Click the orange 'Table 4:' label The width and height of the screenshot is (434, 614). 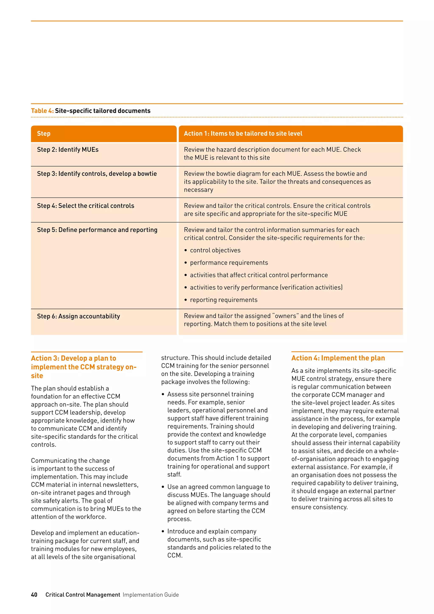tap(42, 111)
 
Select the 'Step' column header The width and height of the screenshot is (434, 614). tap(44, 133)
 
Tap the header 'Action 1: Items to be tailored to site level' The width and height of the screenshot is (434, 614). tap(243, 133)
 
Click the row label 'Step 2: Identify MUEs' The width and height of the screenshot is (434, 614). tap(68, 149)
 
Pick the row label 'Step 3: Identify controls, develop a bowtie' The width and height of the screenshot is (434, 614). tap(97, 174)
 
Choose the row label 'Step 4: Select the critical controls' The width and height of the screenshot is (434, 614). tap(86, 206)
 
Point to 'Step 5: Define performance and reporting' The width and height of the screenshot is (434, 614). tap(97, 230)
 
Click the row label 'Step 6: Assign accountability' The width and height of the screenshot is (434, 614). tap(78, 316)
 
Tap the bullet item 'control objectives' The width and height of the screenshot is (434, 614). tap(215, 250)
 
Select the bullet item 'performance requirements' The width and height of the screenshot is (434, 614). tap(229, 263)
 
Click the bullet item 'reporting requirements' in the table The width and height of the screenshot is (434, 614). tap(224, 300)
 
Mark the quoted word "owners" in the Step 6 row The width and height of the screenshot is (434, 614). tap(285, 316)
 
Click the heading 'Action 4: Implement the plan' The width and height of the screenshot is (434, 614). tap(338, 358)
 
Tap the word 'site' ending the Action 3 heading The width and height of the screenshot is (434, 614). tap(37, 376)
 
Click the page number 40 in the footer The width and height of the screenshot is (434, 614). tap(34, 594)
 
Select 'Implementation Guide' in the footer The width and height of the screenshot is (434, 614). tap(151, 594)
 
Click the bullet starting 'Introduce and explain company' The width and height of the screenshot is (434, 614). tap(212, 531)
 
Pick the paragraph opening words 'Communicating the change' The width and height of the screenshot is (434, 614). tap(70, 460)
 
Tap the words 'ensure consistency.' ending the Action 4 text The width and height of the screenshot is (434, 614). tap(319, 507)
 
